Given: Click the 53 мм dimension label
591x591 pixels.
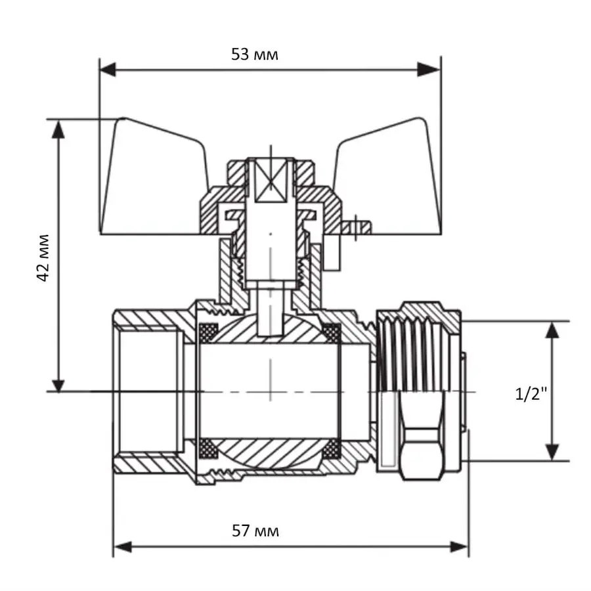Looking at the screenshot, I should tap(254, 55).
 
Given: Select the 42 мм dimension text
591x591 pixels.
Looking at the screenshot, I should tap(43, 257).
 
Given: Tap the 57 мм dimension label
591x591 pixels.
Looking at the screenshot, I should tap(255, 531).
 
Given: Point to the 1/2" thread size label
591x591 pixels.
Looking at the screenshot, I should tap(531, 394).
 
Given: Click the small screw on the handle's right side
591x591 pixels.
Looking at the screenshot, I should tap(359, 227).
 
